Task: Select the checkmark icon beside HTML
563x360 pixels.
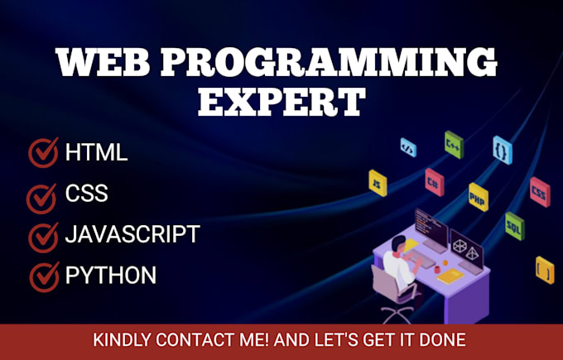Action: (42, 152)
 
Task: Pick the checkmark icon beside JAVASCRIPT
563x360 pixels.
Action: (42, 236)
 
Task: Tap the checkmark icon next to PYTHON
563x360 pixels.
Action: (42, 276)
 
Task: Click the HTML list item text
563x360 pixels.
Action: (96, 153)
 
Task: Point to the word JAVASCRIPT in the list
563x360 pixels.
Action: (132, 234)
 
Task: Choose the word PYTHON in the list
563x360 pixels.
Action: (110, 275)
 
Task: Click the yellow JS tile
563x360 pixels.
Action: (378, 181)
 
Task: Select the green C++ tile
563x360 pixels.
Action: (453, 142)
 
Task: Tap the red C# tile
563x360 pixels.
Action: (433, 177)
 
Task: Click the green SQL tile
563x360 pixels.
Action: (514, 223)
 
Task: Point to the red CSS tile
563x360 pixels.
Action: (538, 191)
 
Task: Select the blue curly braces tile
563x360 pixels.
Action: (501, 149)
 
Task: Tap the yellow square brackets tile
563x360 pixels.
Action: (544, 269)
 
